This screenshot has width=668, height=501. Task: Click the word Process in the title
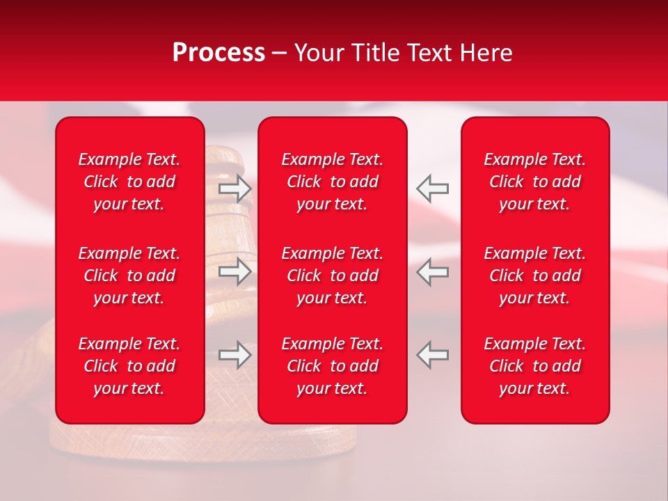tap(218, 53)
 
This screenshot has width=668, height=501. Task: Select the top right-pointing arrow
tap(234, 188)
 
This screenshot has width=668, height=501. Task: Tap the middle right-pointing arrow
tap(234, 271)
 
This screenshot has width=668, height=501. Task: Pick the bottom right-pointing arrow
tap(234, 355)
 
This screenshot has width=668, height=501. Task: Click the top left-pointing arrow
tap(432, 188)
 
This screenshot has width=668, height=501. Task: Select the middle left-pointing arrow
tap(432, 271)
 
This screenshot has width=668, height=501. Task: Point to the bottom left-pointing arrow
tap(432, 355)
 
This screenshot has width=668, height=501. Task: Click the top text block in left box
tap(129, 182)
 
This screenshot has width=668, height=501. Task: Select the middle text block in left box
tap(129, 276)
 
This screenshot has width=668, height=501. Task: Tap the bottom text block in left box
tap(129, 366)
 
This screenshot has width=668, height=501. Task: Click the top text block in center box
tap(332, 182)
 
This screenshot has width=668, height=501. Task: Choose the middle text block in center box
tap(332, 276)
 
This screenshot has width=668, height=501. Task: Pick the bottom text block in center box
tap(332, 366)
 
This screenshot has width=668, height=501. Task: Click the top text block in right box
tap(534, 182)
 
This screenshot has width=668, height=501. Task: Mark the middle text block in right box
tap(534, 276)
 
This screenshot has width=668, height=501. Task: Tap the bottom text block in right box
tap(534, 366)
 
